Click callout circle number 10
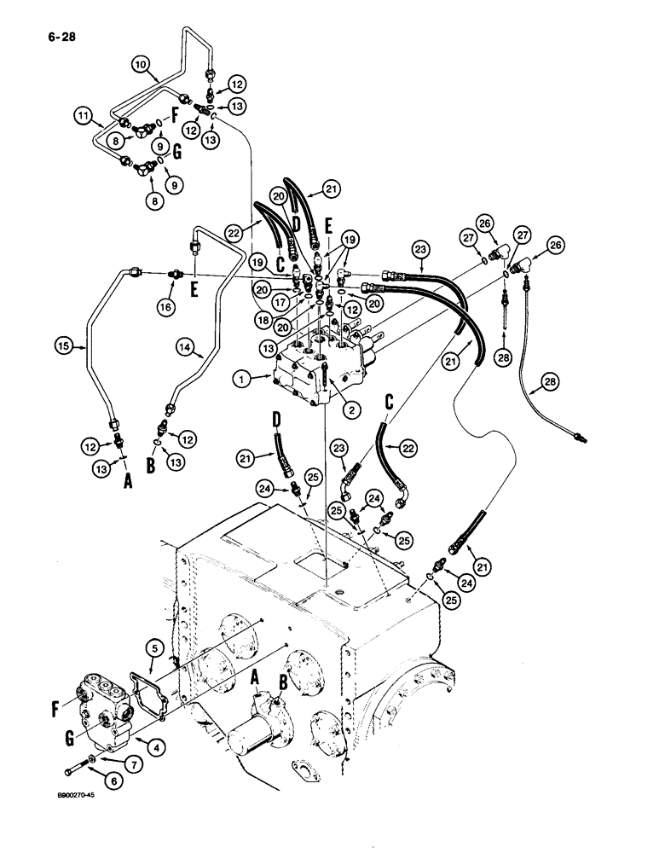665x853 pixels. [142, 63]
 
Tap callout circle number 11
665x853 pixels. [83, 114]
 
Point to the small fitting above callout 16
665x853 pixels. [174, 274]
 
